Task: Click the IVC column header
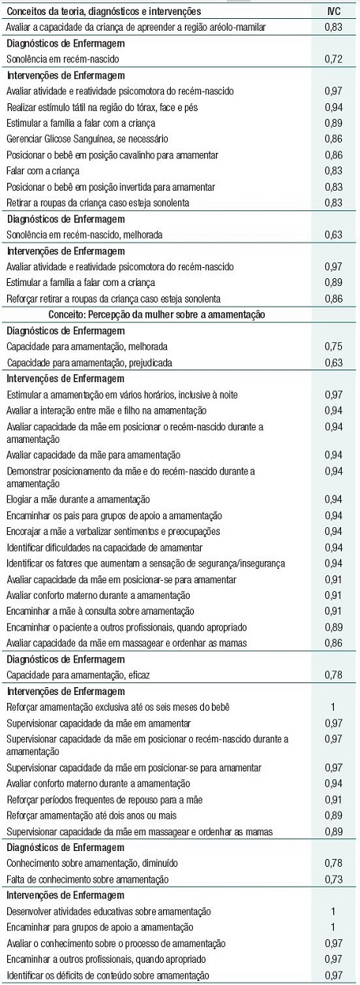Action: tap(334, 12)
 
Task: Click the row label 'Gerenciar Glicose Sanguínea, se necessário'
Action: tap(88, 137)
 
